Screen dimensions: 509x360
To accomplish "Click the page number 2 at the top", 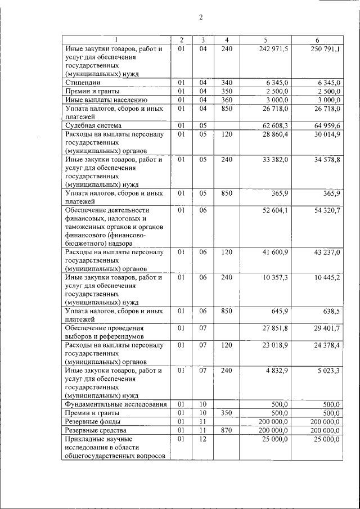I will click(200, 17).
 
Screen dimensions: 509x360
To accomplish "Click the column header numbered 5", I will click(265, 40).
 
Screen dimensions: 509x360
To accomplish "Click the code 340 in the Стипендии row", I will click(227, 83).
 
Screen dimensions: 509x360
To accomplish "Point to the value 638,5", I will click(330, 311).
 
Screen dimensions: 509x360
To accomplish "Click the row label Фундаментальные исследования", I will click(115, 404).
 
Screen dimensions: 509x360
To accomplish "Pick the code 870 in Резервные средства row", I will click(227, 430).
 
